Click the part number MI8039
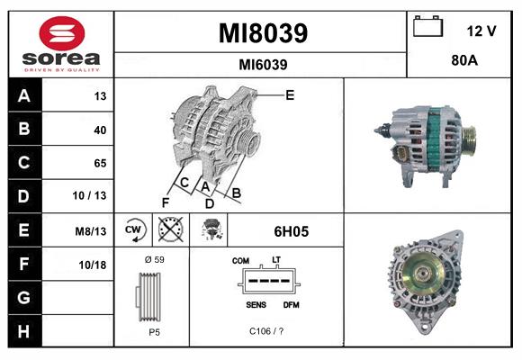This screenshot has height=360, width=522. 263,33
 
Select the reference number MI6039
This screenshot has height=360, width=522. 263,64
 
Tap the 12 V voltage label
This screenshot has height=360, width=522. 481,31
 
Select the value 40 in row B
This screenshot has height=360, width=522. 99,130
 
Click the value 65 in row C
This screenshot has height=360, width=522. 99,163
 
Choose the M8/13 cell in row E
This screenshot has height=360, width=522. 92,231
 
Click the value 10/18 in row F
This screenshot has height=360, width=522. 94,265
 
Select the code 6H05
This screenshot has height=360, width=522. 291,231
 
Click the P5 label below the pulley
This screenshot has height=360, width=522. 154,331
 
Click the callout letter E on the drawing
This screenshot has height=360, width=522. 290,94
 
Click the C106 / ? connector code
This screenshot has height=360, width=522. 267,331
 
